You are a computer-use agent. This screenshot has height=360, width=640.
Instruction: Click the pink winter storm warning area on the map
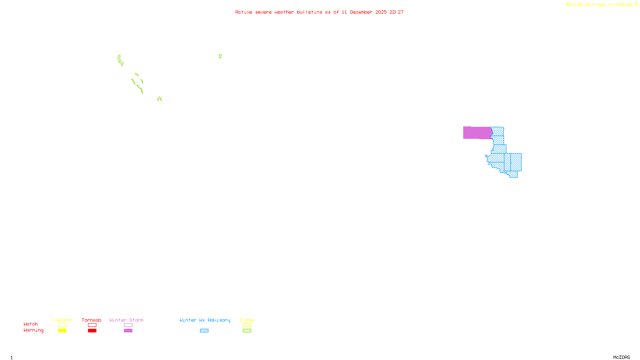[x=477, y=133]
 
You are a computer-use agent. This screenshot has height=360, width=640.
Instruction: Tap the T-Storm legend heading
[x=62, y=320]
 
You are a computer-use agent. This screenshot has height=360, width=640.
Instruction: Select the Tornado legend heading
[x=92, y=320]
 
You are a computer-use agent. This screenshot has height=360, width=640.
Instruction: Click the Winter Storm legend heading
[x=126, y=320]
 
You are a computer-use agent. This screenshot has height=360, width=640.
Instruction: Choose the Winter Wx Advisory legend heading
[x=205, y=320]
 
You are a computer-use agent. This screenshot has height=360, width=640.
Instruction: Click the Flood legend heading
[x=247, y=320]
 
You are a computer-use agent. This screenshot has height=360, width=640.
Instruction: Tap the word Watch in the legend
[x=31, y=324]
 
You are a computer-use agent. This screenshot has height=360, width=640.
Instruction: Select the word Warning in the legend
[x=34, y=330]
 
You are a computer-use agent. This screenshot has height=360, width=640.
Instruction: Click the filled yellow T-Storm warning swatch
[x=62, y=331]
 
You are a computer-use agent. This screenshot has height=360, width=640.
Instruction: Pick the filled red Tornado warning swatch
[x=92, y=331]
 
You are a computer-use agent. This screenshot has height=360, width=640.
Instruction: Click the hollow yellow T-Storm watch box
[x=62, y=325]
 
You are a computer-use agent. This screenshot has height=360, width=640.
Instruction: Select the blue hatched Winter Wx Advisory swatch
[x=204, y=331]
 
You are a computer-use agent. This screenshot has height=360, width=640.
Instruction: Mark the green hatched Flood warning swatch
[x=247, y=331]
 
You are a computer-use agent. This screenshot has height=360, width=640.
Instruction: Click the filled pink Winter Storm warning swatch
[x=128, y=331]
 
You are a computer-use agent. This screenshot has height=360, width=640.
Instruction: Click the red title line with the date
[x=319, y=12]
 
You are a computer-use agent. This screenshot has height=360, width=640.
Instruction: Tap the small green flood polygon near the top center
[x=220, y=56]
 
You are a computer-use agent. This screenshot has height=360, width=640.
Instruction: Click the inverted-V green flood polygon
[x=160, y=98]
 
